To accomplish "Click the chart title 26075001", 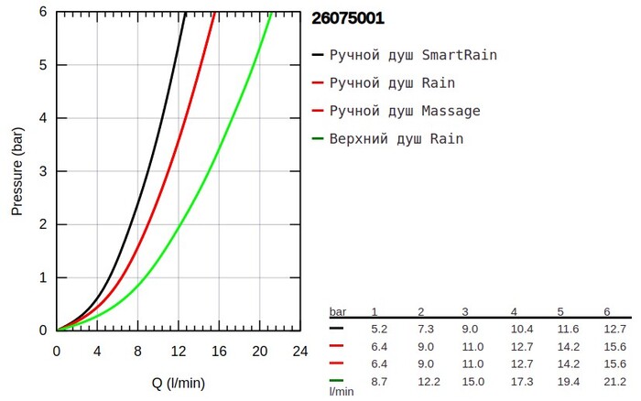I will pyautogui.click(x=348, y=17).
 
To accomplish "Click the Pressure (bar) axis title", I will pyautogui.click(x=17, y=171).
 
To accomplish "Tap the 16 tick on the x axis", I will pyautogui.click(x=219, y=351).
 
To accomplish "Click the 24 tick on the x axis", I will pyautogui.click(x=299, y=351).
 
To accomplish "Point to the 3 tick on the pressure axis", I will pyautogui.click(x=43, y=171).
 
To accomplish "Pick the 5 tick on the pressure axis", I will pyautogui.click(x=43, y=65).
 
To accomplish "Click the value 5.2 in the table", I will pyautogui.click(x=380, y=328).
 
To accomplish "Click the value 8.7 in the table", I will pyautogui.click(x=380, y=379).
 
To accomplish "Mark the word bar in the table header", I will pyautogui.click(x=338, y=312).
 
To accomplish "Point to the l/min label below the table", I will pyautogui.click(x=342, y=391).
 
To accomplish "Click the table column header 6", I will pyautogui.click(x=607, y=312).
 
